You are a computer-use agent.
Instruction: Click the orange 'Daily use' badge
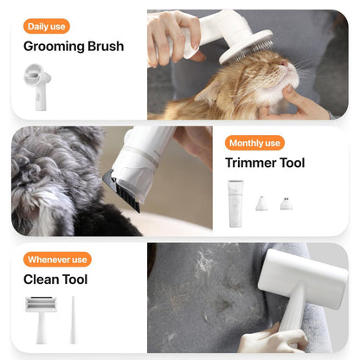click(x=46, y=26)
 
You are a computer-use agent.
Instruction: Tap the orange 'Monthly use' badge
click(x=254, y=143)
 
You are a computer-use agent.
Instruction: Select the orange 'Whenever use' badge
click(x=58, y=260)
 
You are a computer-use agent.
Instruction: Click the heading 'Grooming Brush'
click(x=74, y=47)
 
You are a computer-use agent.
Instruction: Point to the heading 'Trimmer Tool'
click(x=265, y=163)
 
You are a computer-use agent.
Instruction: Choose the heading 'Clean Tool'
click(x=55, y=280)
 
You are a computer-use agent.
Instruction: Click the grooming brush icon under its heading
click(x=37, y=85)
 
